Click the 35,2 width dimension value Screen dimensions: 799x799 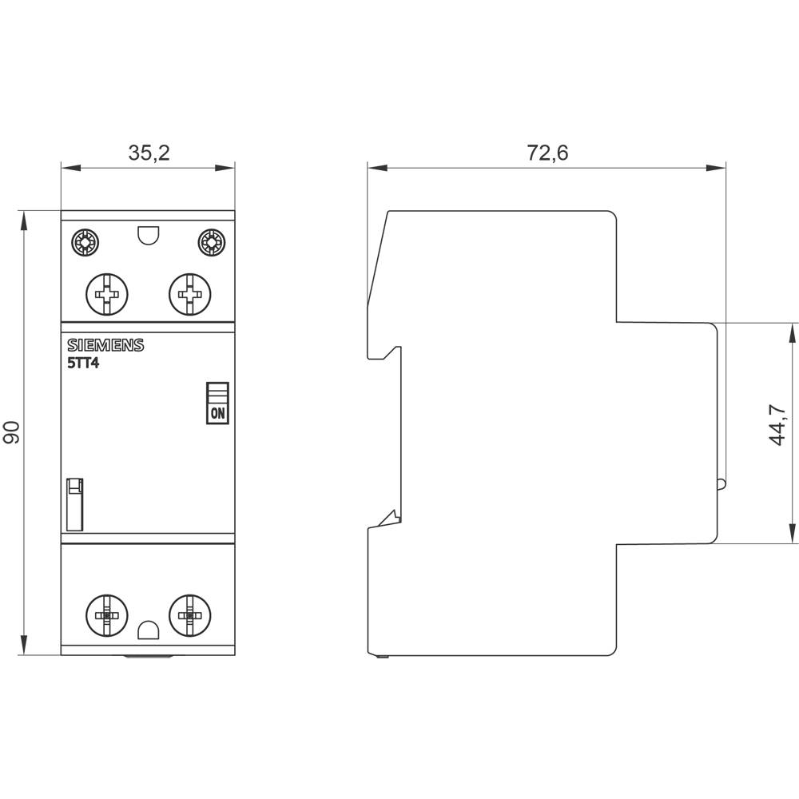[149, 153]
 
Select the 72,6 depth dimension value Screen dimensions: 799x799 [547, 153]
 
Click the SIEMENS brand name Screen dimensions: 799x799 [105, 345]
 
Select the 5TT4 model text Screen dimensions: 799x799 [83, 364]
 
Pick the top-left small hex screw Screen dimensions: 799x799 [83, 242]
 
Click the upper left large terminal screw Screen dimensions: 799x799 [106, 295]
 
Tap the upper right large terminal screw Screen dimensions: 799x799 [189, 295]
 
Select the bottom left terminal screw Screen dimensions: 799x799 [106, 615]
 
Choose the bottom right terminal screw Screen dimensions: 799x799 [189, 615]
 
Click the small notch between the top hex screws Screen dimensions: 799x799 [148, 236]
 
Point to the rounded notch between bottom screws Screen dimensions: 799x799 [148, 632]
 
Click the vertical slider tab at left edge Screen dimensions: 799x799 [74, 504]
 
